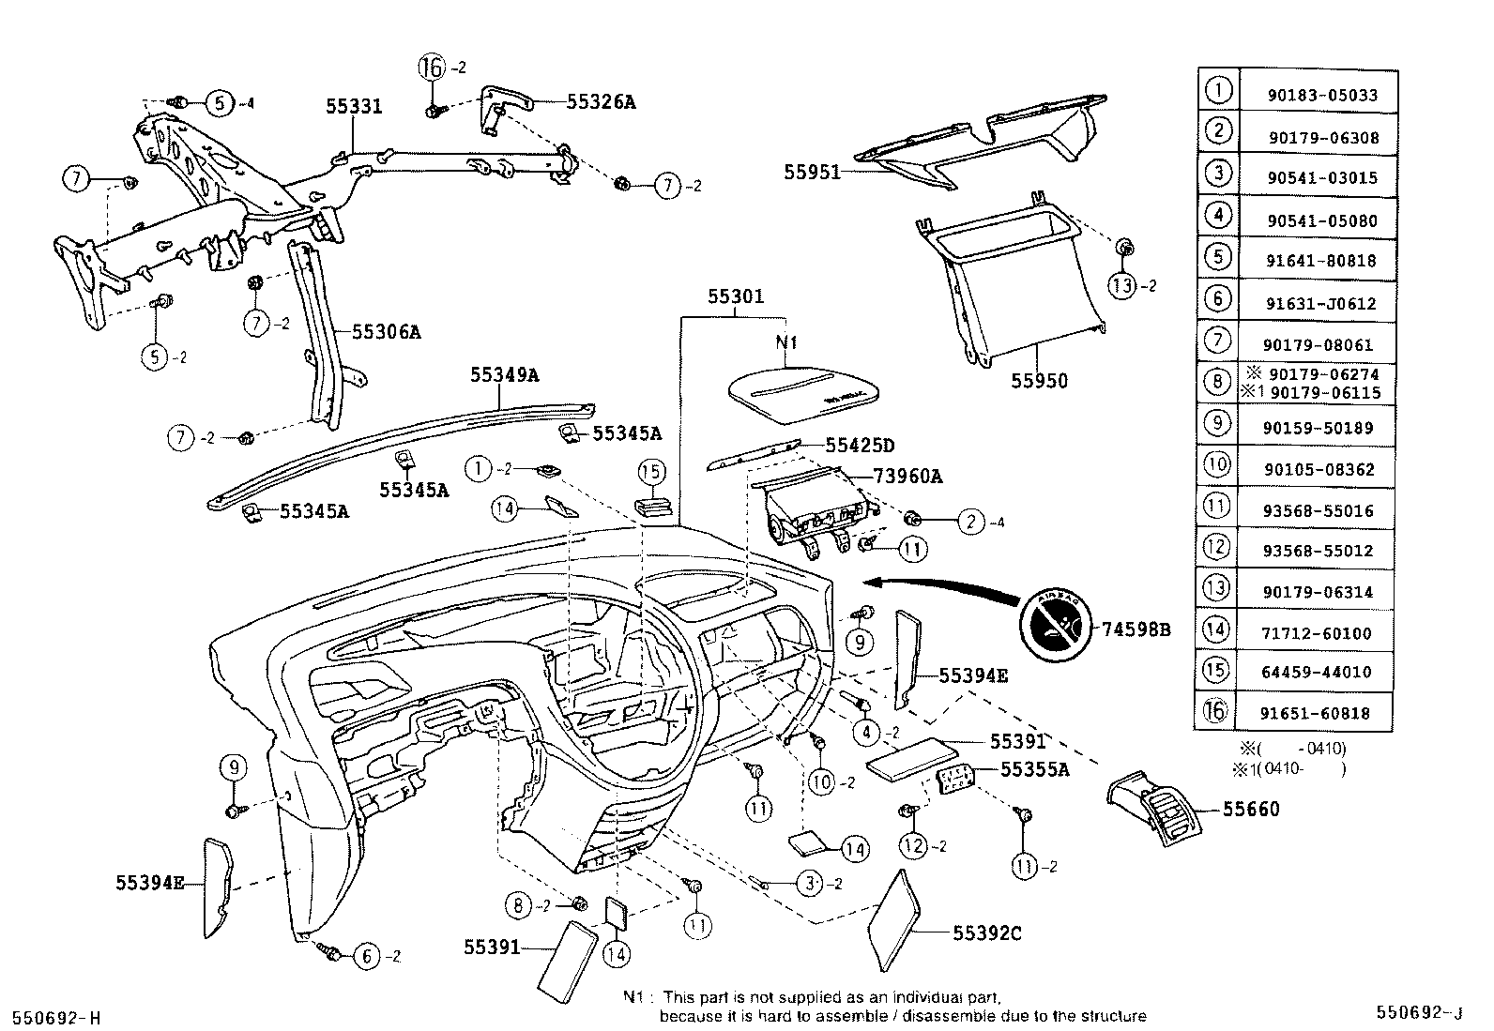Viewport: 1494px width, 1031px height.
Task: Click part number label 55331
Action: click(x=354, y=106)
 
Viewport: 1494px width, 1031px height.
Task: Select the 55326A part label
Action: click(x=601, y=101)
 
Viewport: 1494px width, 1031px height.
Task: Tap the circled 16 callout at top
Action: click(x=431, y=68)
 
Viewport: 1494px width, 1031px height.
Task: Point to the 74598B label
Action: click(x=1136, y=629)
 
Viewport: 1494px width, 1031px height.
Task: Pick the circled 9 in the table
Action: click(x=1216, y=423)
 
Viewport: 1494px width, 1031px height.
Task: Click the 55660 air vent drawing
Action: click(x=1155, y=809)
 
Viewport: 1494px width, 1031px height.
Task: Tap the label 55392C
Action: click(x=986, y=932)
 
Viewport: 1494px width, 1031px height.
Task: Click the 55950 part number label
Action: click(x=1039, y=382)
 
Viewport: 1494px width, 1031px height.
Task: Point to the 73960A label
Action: click(x=907, y=477)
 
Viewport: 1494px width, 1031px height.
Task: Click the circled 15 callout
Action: click(x=652, y=472)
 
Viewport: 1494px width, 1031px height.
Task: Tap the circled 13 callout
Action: click(x=1122, y=285)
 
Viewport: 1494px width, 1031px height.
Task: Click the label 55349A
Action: click(x=504, y=375)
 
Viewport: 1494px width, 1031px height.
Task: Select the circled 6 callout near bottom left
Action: click(x=366, y=956)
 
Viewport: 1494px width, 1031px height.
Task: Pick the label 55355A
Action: click(x=1034, y=769)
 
